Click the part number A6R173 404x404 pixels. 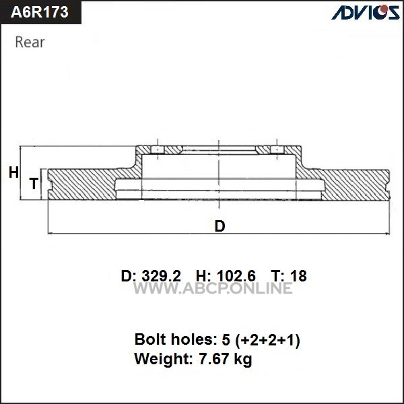[x=40, y=12]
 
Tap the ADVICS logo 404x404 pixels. [x=366, y=12]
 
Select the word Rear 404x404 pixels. [x=30, y=42]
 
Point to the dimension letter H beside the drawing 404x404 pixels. [x=13, y=172]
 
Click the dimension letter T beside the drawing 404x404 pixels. [x=34, y=183]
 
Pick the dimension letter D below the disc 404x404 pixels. [x=220, y=226]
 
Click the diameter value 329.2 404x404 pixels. [x=162, y=276]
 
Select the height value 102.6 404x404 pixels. [x=236, y=276]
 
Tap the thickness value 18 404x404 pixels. [x=298, y=276]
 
